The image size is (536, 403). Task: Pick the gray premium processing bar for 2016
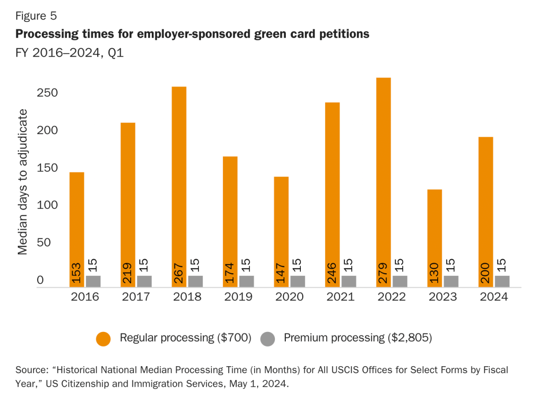tap(93, 281)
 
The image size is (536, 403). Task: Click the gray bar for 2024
tap(502, 281)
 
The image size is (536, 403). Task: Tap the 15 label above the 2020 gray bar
tap(298, 266)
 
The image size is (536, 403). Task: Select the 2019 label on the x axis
tap(238, 297)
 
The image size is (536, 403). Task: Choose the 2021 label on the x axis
tap(340, 297)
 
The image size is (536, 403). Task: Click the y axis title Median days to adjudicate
tap(23, 182)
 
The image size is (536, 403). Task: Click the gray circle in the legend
tap(268, 339)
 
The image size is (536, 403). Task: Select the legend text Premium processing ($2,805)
tap(358, 338)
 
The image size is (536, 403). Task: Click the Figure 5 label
tap(36, 16)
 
